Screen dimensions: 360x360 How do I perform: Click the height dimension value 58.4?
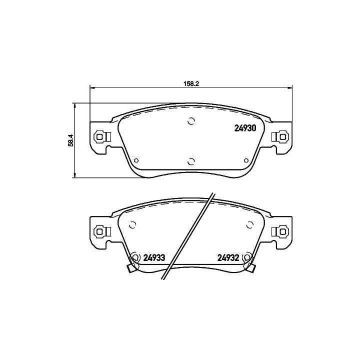pyautogui.click(x=71, y=139)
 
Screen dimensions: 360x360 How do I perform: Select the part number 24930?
pyautogui.click(x=245, y=127)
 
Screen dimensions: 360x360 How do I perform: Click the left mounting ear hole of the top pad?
pyautogui.click(x=100, y=136)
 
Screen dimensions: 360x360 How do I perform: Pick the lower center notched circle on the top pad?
pyautogui.click(x=190, y=161)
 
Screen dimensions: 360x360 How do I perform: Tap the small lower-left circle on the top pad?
pyautogui.click(x=136, y=160)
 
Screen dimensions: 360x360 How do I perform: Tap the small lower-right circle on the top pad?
pyautogui.click(x=245, y=160)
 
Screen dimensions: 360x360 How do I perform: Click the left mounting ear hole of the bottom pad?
pyautogui.click(x=100, y=231)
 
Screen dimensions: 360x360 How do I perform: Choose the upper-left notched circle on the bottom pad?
pyautogui.click(x=133, y=225)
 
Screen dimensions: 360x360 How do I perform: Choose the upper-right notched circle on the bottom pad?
pyautogui.click(x=248, y=225)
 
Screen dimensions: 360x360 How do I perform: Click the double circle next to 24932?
pyautogui.click(x=246, y=258)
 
